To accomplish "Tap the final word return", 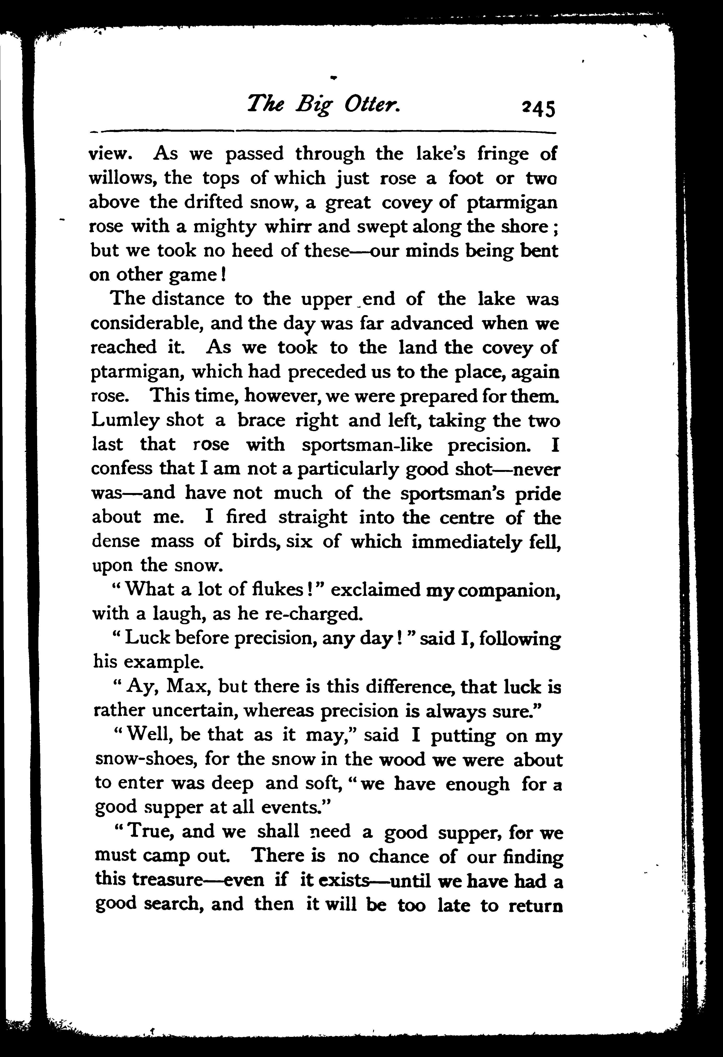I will [x=536, y=905].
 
